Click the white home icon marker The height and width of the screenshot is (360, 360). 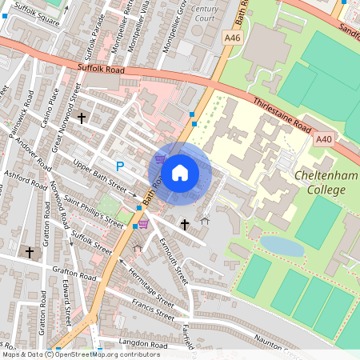[180, 172]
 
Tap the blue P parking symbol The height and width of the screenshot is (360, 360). [120, 166]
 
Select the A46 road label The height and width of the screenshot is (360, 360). [233, 37]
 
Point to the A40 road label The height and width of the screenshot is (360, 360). [323, 139]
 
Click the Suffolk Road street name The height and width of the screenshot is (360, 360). [103, 70]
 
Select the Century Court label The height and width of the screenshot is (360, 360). [205, 13]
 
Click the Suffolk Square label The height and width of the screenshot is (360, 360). [38, 14]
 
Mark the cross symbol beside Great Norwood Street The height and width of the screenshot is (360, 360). [81, 118]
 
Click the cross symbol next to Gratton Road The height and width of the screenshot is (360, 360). [30, 252]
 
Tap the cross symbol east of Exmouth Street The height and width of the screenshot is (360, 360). [185, 225]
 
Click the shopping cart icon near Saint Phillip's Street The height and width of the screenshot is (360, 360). [143, 224]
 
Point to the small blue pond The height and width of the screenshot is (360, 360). [282, 246]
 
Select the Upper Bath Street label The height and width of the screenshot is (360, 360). [100, 178]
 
